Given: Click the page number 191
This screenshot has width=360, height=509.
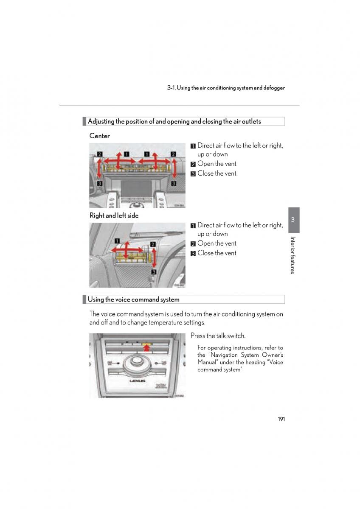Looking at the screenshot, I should click(281, 419).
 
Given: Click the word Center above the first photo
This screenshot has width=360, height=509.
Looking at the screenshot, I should click(99, 136).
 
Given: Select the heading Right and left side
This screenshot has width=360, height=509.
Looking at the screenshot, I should click(114, 215).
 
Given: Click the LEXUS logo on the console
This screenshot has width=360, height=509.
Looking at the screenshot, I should click(137, 381).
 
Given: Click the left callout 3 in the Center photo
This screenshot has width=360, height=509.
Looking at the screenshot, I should click(100, 183).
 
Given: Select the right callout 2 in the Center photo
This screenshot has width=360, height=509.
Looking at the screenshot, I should click(173, 154).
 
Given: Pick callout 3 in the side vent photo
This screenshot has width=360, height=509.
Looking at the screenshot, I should click(154, 272).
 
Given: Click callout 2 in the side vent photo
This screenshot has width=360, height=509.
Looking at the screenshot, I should click(153, 244).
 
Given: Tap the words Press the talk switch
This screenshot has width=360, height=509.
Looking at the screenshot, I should click(218, 336).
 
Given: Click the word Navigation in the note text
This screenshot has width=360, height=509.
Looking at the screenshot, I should click(225, 355).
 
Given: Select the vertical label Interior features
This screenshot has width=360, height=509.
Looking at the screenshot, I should click(293, 255).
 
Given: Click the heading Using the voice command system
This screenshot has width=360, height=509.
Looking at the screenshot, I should click(133, 299).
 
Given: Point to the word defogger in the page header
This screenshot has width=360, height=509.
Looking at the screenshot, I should click(274, 88).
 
